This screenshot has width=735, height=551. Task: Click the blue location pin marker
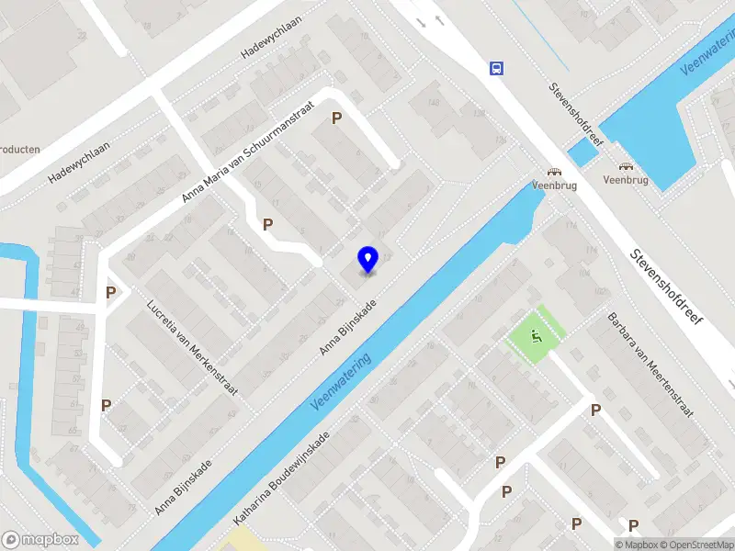pos(368,260)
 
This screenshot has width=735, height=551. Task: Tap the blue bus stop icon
pos(496,67)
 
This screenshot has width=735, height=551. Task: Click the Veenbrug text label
pos(626,180)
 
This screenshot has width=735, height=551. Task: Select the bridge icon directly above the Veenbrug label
pos(627,166)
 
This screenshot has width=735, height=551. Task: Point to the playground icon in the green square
pos(537,336)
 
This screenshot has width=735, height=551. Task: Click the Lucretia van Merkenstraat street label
pos(193,347)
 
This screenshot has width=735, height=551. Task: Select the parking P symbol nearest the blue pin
pos(268,224)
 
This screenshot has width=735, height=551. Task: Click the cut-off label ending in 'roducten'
pos(19,149)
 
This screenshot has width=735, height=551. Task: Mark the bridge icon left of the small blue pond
pos(554,172)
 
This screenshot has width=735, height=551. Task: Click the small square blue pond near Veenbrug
pos(582,152)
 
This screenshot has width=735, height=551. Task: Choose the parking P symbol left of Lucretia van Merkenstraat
pos(110,293)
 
